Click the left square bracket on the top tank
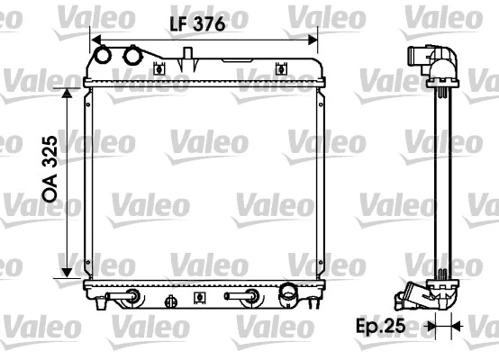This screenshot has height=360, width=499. click(159, 67)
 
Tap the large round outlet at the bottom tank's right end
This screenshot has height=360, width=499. click(288, 292)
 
